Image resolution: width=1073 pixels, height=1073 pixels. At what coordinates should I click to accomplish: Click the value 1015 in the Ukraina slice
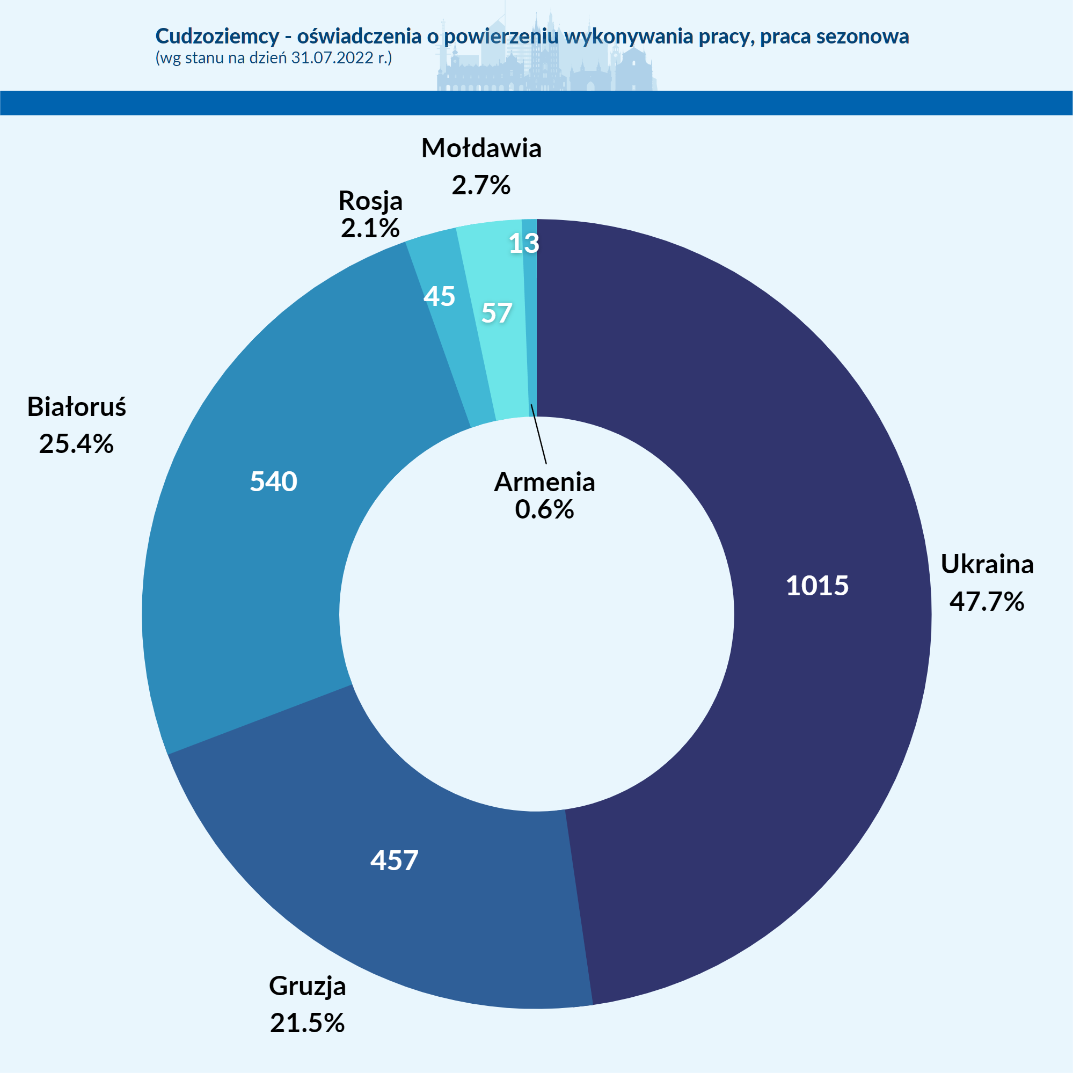click(817, 586)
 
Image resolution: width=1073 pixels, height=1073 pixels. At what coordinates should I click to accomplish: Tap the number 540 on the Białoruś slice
click(273, 481)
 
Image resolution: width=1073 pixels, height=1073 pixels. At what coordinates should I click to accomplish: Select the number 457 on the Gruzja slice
click(395, 860)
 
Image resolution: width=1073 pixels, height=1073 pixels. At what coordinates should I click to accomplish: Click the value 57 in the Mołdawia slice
click(497, 313)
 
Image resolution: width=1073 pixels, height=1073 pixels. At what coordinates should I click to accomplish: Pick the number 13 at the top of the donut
click(524, 243)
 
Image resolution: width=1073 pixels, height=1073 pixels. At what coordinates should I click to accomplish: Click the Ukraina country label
click(987, 564)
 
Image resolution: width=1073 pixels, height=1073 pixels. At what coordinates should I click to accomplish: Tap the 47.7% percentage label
click(987, 601)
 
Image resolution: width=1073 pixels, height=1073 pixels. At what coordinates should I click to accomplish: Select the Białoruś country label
click(77, 407)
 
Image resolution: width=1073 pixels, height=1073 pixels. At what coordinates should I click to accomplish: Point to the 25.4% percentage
click(77, 444)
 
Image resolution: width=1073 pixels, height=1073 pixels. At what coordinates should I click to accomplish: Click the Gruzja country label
click(307, 986)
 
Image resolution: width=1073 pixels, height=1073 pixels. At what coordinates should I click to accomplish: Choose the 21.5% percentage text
click(307, 1023)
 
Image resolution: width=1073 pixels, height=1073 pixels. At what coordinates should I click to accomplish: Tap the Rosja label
click(370, 201)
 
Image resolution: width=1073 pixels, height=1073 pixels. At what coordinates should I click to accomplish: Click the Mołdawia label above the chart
click(481, 148)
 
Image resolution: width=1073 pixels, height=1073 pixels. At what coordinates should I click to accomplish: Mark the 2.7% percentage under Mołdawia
click(481, 185)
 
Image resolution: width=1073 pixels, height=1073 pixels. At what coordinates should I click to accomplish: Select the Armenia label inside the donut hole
click(544, 482)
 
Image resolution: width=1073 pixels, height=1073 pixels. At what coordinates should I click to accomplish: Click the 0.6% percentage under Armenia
click(544, 509)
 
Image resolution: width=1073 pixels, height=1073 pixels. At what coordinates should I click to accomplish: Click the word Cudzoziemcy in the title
click(217, 36)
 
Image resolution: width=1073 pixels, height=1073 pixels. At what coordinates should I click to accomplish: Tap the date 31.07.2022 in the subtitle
click(332, 58)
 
